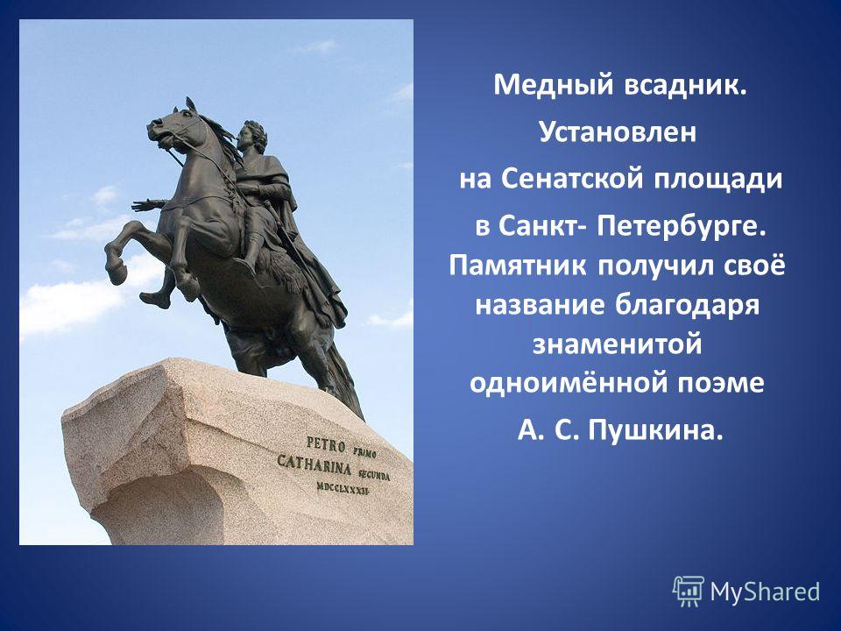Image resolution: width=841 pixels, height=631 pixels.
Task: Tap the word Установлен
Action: tap(618, 131)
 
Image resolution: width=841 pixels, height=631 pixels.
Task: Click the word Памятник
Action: tap(518, 266)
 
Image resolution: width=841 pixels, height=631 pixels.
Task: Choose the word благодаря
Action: tap(687, 306)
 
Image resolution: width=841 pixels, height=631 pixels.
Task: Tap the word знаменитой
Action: tap(618, 344)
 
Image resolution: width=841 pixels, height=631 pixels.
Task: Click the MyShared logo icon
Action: tap(689, 592)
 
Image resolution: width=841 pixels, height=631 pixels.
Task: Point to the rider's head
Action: tap(252, 137)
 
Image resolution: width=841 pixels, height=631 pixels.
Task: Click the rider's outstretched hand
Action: tap(143, 205)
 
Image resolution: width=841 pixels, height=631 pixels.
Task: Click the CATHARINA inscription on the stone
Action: tap(314, 464)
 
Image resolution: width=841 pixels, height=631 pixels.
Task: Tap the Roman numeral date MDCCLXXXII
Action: tap(343, 487)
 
